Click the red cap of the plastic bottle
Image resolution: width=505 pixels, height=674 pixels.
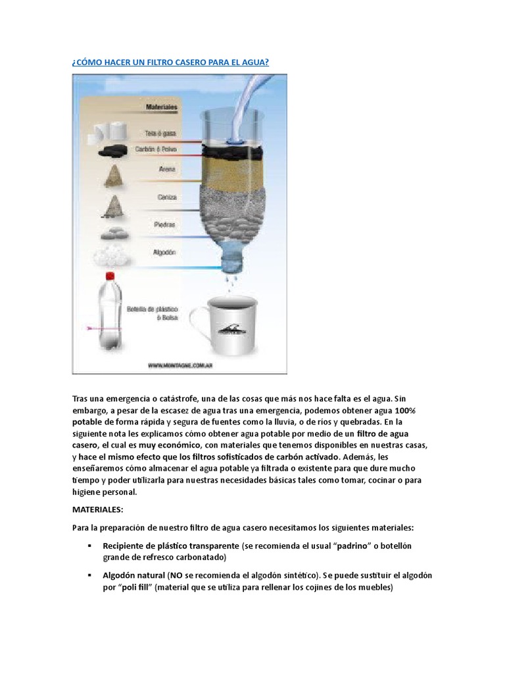(109, 278)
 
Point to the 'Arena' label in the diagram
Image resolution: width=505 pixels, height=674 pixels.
(166, 170)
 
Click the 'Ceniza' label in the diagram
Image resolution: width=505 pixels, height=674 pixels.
(165, 196)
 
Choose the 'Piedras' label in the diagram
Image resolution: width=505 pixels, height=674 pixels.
(165, 224)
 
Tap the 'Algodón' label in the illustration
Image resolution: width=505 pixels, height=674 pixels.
(164, 251)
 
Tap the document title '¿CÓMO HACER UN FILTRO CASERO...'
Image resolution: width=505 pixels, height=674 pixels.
(170, 61)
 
